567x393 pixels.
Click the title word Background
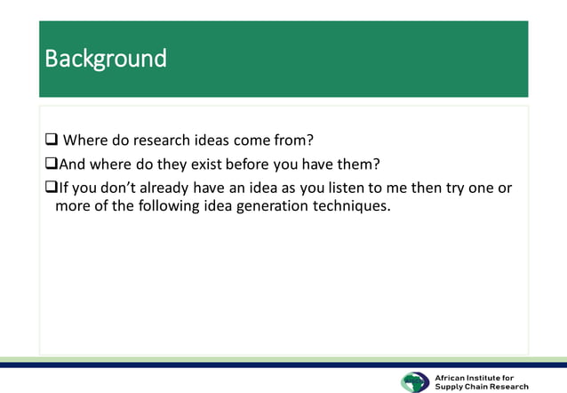pos(106,59)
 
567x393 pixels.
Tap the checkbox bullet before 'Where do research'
pos(52,140)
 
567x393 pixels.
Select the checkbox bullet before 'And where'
pos(51,164)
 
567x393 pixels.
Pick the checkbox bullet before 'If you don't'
pos(51,188)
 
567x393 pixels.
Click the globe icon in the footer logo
pos(414,381)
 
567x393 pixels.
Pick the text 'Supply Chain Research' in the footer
pos(481,387)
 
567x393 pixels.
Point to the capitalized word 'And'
pos(72,164)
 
